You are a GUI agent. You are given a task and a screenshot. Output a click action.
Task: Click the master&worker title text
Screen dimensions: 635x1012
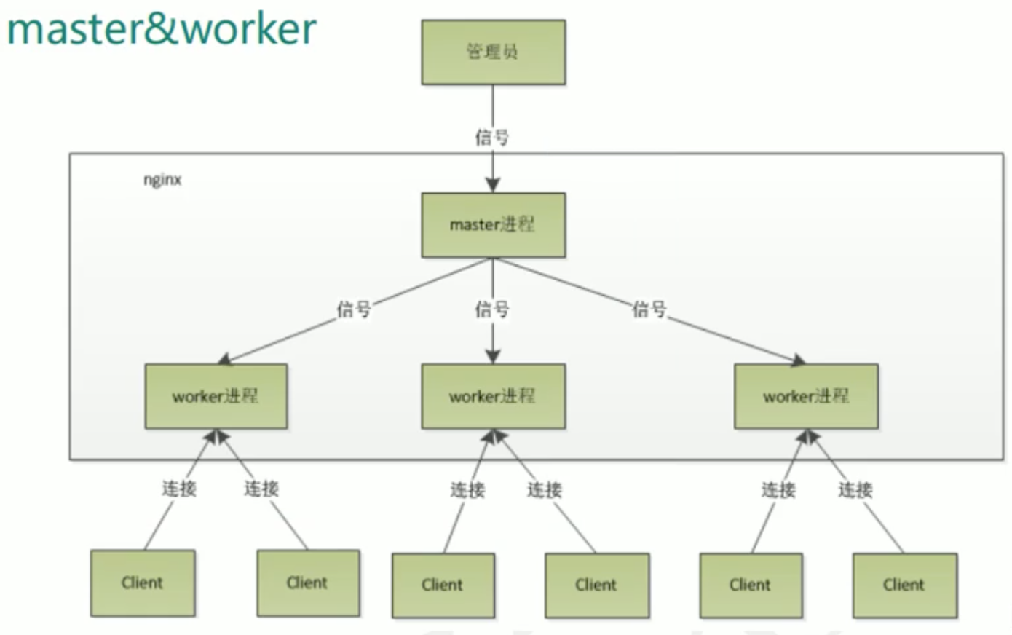[x=162, y=29]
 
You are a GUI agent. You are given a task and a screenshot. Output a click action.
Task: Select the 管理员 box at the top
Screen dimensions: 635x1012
[x=493, y=52]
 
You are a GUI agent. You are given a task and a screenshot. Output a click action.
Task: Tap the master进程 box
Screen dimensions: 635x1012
[x=493, y=224]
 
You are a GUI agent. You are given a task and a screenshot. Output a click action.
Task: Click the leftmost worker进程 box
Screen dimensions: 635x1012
[x=216, y=396]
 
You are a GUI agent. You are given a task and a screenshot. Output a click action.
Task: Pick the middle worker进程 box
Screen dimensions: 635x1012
[x=493, y=396]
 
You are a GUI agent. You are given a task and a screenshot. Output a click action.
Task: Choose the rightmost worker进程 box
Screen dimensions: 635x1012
[x=806, y=396]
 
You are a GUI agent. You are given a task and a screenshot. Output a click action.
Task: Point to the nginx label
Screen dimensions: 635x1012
[x=162, y=180]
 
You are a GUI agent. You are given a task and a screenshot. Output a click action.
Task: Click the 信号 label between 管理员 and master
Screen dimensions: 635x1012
[x=492, y=137]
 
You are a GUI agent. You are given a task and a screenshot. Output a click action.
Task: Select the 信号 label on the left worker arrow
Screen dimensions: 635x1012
[x=354, y=309]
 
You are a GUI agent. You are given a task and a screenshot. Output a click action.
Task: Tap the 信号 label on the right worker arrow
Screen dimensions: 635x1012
[x=649, y=309]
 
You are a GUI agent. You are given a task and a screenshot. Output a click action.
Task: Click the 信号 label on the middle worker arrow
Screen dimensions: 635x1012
[x=492, y=309]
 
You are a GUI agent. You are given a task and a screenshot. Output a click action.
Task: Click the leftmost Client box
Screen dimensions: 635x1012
[x=143, y=583]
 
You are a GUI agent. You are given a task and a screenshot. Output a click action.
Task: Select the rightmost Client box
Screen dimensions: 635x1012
[x=904, y=585]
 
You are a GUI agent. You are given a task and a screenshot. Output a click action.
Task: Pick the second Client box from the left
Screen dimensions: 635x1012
[x=307, y=583]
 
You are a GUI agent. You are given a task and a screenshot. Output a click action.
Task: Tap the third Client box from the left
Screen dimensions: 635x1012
[x=443, y=585]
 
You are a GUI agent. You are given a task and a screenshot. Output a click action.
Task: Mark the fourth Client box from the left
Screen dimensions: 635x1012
[x=596, y=585]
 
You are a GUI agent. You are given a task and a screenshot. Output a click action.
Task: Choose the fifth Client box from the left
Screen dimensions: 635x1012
[x=751, y=585]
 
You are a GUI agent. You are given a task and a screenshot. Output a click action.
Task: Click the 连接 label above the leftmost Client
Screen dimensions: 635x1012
[x=179, y=489]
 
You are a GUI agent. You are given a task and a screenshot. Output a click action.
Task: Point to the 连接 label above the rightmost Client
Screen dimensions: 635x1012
[x=855, y=490]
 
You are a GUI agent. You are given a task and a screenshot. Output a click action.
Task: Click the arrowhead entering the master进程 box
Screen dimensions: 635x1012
[x=493, y=185]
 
